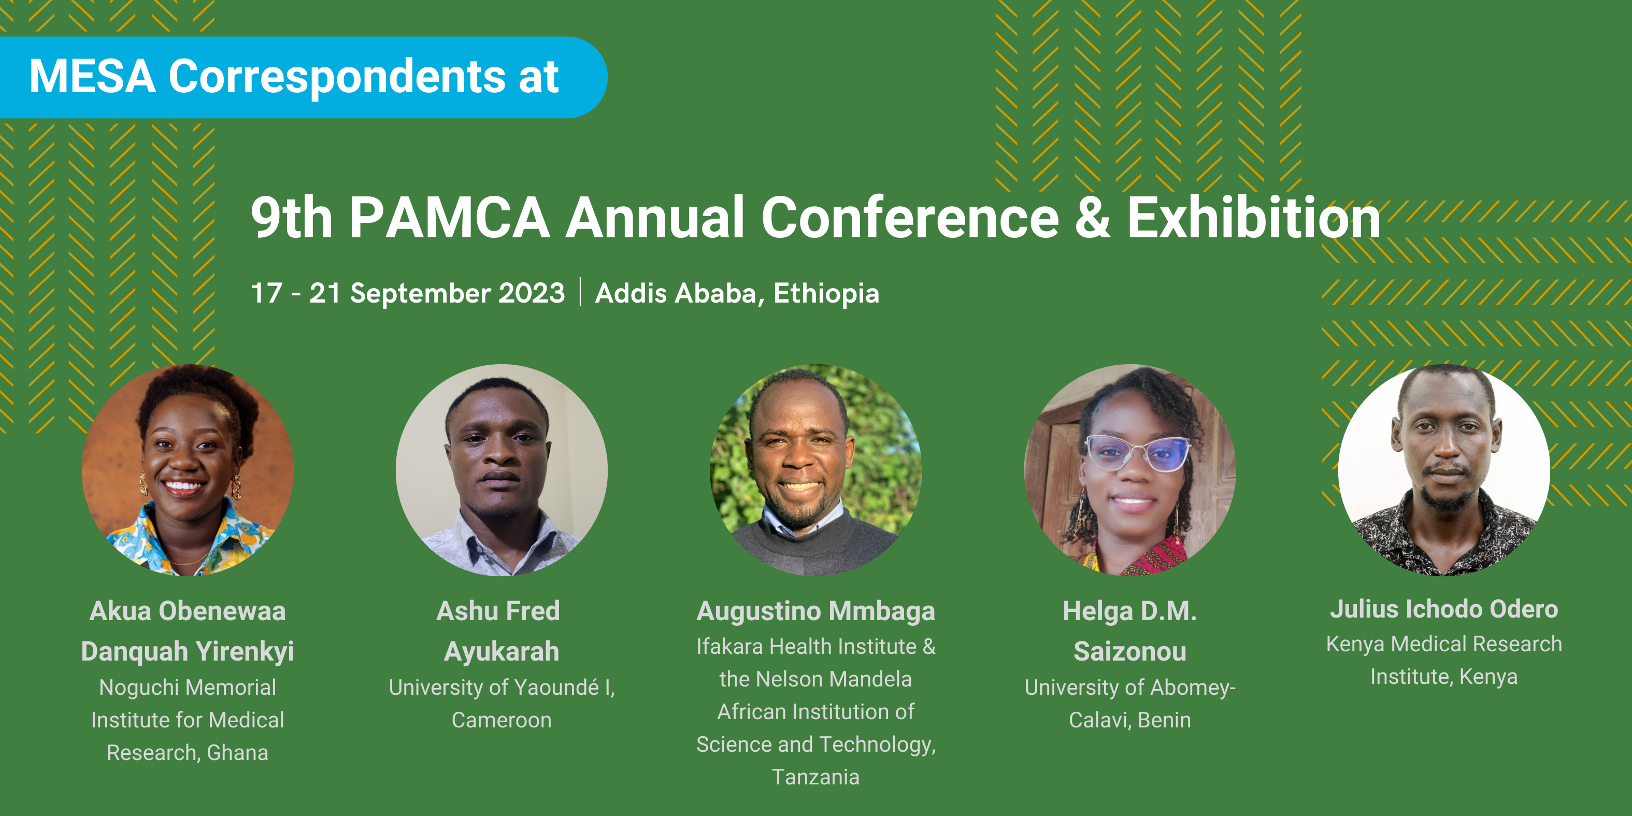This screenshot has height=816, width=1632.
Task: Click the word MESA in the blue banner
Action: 93,77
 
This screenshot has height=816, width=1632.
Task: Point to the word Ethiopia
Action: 826,293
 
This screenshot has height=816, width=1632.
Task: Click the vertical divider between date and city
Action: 580,292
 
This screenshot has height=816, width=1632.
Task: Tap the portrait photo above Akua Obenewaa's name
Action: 188,470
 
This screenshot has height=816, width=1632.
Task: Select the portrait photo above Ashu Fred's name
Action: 502,470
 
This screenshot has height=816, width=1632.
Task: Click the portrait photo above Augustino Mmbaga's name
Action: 816,470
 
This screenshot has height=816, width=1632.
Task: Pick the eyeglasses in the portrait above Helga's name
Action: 1138,454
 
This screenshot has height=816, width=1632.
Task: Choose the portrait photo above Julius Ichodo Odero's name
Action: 1444,470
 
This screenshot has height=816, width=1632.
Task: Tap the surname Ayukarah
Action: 502,651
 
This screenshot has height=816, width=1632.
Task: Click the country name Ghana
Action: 238,753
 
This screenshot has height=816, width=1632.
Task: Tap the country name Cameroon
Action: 502,720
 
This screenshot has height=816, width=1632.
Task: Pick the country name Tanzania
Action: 816,777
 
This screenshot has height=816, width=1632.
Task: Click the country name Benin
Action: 1165,720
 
